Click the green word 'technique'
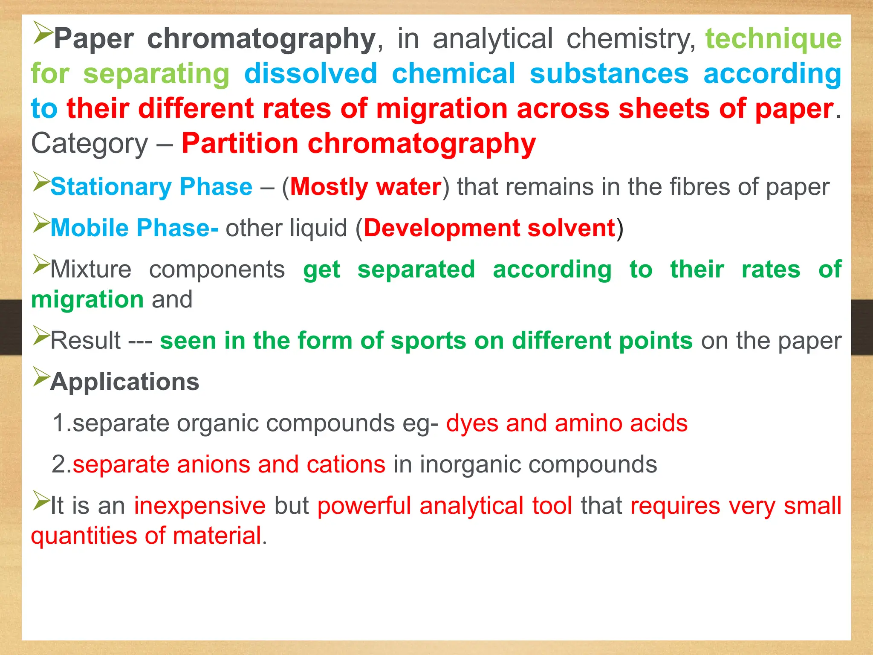773,39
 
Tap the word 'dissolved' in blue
311,74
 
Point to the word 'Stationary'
110,187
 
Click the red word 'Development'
441,228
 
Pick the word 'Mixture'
91,270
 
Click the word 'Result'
86,341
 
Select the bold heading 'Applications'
124,382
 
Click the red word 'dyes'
472,423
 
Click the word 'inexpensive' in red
200,506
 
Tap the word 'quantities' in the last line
84,536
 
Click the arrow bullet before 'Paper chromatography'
42,33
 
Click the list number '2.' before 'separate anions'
61,464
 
